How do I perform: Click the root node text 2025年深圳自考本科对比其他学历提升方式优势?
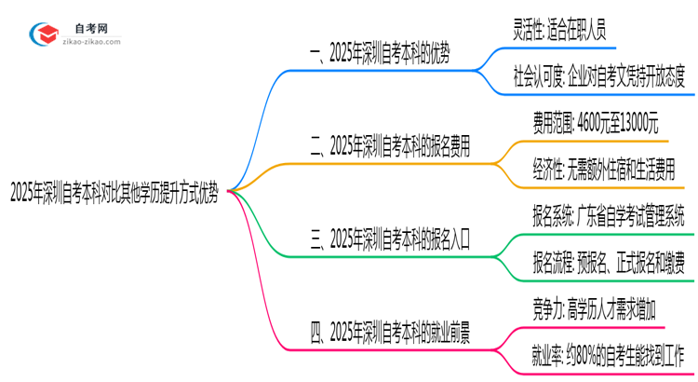pos(115,193)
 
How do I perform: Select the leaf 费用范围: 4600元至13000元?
pos(595,123)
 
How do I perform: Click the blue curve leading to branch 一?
pos(256,112)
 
